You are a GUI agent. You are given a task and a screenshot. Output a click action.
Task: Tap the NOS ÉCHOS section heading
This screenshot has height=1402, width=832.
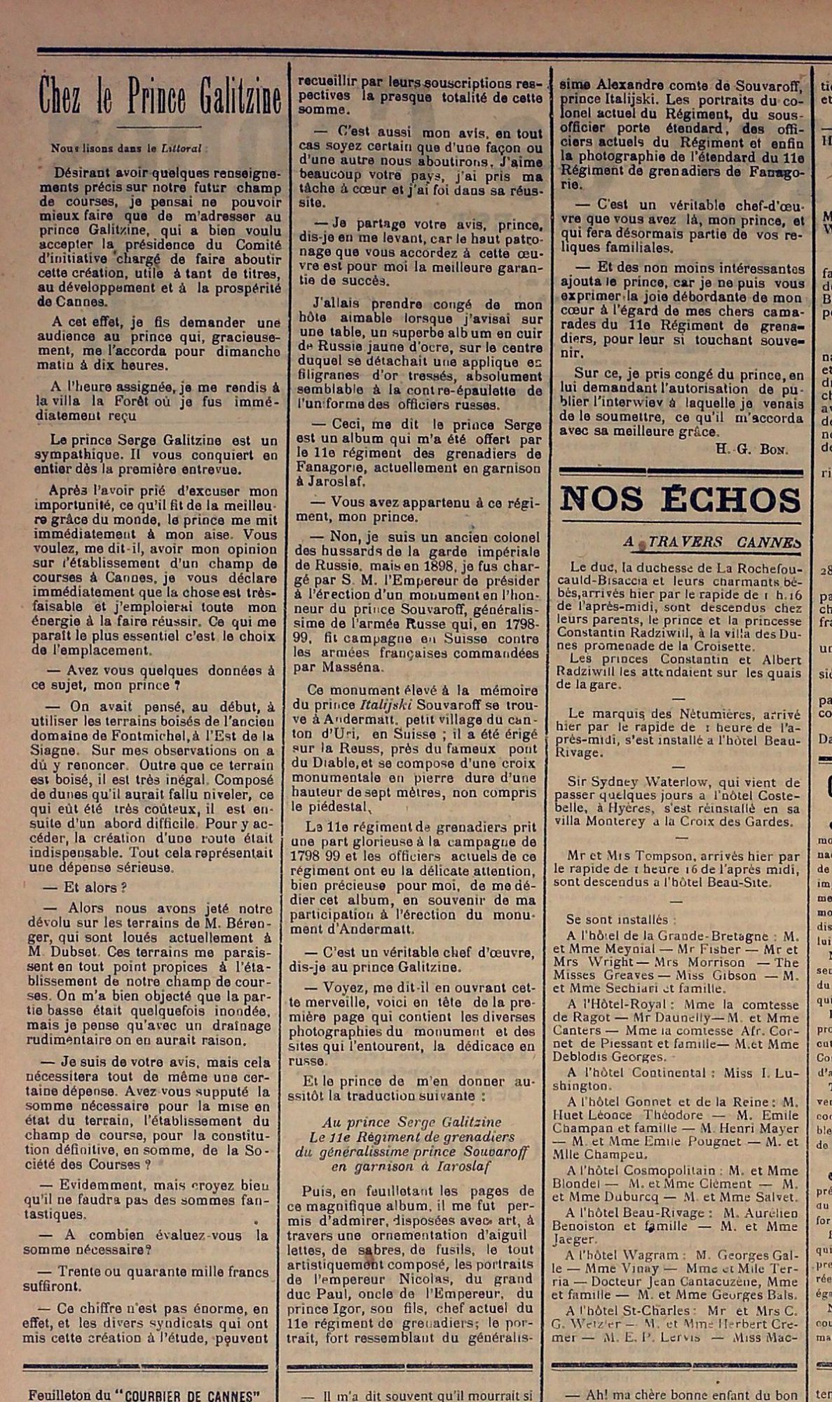click(x=680, y=501)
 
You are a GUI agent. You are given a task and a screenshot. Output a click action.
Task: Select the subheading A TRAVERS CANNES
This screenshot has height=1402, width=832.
click(x=711, y=542)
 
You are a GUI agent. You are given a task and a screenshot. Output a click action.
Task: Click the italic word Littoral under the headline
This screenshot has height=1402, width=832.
click(x=181, y=149)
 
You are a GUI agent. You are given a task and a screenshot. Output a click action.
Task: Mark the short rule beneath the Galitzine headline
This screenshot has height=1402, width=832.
click(x=159, y=127)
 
